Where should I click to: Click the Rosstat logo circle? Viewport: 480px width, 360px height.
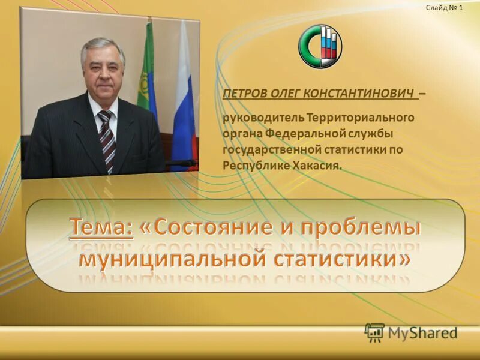click(x=320, y=46)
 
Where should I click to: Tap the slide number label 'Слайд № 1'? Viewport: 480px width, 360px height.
click(x=445, y=8)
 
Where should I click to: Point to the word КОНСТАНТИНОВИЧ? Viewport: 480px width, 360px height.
click(x=359, y=94)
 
